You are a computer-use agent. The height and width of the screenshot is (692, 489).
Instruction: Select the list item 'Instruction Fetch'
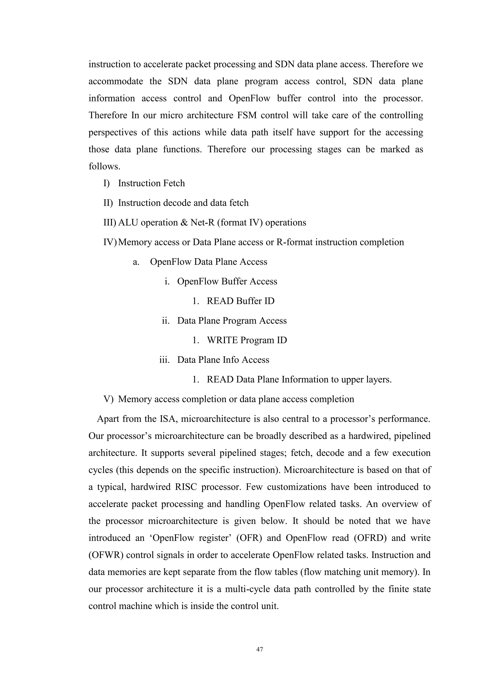click(151, 183)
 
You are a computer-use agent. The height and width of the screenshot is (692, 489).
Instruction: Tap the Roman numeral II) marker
click(108, 203)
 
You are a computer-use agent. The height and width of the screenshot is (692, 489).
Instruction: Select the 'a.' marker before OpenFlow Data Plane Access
click(136, 262)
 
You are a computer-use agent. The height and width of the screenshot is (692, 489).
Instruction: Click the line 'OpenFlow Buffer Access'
click(227, 281)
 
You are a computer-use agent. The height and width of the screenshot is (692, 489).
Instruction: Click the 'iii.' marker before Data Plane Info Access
click(164, 360)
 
